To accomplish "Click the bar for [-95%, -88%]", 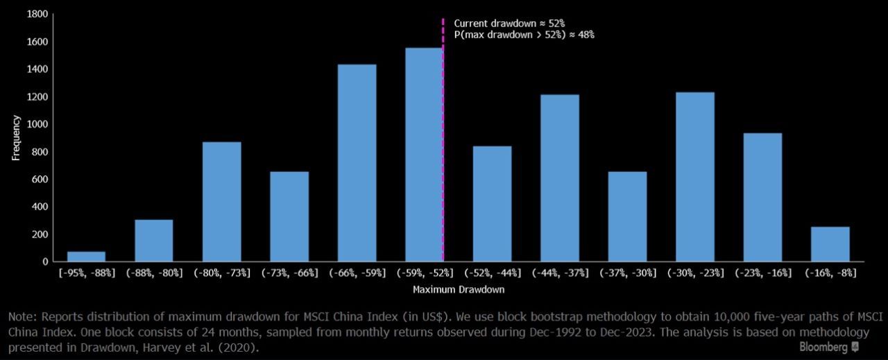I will [86, 256].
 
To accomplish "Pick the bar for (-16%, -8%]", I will [830, 244].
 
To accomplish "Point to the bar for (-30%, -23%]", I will [694, 177].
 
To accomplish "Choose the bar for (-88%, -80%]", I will [154, 241].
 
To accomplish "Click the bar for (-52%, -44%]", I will [492, 204].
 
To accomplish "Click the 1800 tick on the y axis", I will [38, 15].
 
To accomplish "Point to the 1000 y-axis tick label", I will [38, 124].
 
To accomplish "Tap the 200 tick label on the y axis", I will [40, 234].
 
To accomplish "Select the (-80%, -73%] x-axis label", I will [221, 273].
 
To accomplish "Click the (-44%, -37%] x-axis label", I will [559, 273].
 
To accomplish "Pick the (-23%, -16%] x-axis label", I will [762, 273].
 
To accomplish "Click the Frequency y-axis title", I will [16, 138].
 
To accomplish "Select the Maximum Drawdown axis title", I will [458, 289].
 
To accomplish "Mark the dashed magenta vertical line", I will [443, 139].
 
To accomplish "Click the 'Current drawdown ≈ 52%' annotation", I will [514, 23].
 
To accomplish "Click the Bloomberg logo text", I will [823, 347].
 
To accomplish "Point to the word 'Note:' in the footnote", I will [22, 317].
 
